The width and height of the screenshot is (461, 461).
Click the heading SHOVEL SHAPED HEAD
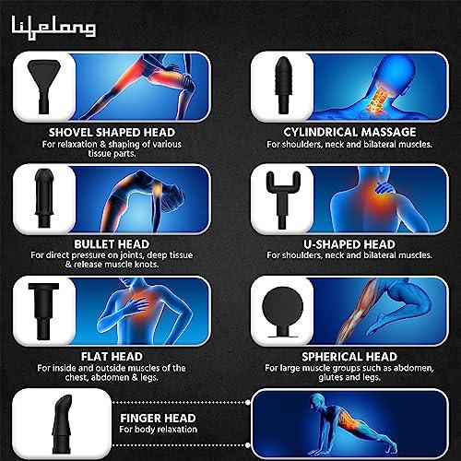(x=85, y=131)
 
